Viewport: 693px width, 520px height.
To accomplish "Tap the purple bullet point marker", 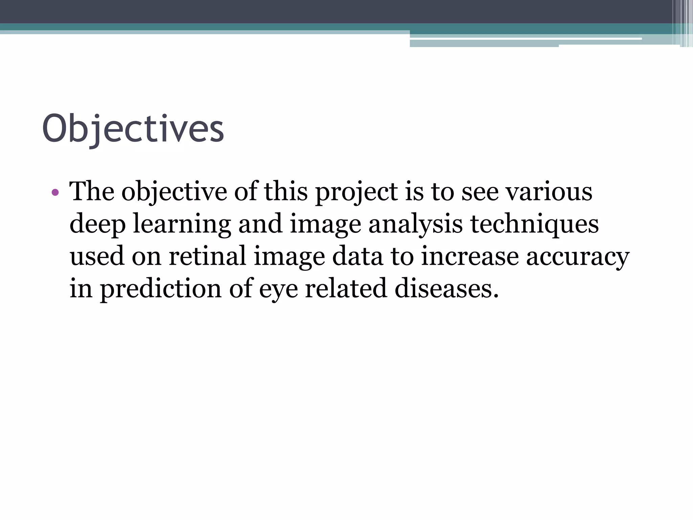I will click(55, 193).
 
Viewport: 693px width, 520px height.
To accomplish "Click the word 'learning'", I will click(182, 224).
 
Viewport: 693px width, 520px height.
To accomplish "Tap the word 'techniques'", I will click(535, 224).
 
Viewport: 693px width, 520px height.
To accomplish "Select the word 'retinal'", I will click(207, 256).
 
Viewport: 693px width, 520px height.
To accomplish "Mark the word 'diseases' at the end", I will click(447, 288).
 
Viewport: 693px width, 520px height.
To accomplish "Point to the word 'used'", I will click(97, 256).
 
